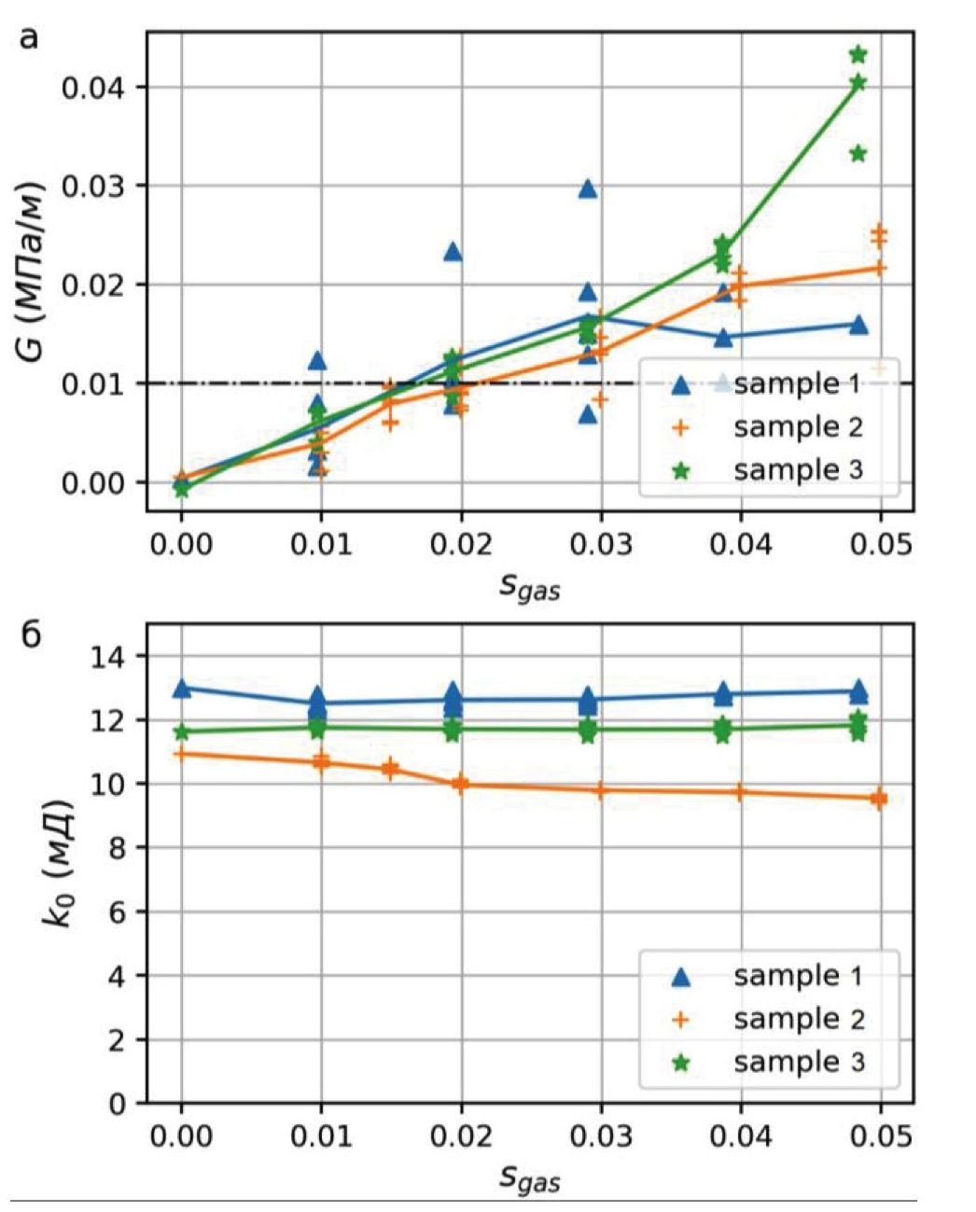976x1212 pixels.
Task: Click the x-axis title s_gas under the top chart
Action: coord(530,587)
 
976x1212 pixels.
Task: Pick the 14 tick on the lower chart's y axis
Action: coord(110,657)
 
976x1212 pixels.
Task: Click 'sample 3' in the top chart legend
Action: coord(798,469)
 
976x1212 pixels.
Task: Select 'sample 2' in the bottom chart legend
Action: coord(798,1019)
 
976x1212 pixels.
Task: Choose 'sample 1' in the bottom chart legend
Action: coord(798,976)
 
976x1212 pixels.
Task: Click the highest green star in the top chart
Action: coord(857,55)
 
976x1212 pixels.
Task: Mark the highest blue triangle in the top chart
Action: coord(588,188)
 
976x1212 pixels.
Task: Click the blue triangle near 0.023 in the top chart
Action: coord(453,252)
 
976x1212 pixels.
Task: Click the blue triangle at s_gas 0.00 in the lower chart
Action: coord(182,689)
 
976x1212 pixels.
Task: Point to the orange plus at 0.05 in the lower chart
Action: coord(879,799)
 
